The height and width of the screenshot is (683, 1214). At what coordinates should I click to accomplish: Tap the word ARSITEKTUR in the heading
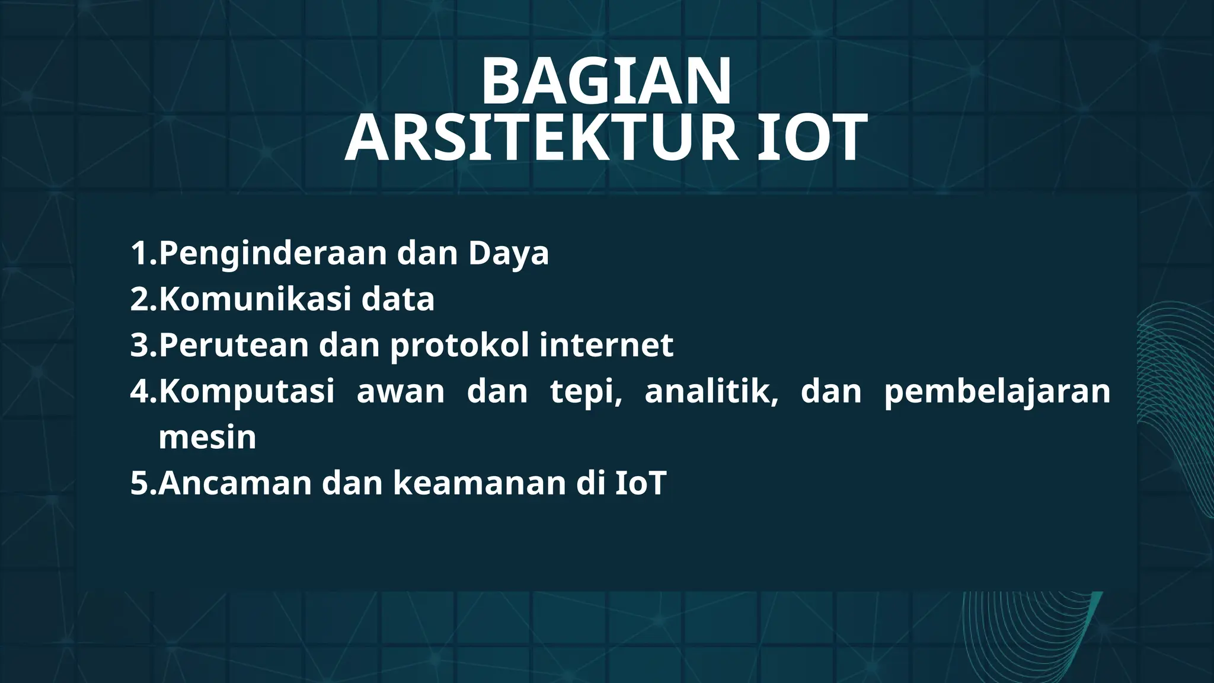[541, 139]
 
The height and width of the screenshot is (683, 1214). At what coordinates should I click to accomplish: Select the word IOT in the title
[813, 139]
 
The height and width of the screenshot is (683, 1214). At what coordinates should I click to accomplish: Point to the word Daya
[508, 254]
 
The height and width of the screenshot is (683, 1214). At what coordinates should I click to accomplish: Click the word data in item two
[398, 299]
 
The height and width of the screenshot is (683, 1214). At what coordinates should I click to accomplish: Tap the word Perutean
[234, 345]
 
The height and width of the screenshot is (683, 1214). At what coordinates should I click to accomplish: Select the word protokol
[459, 346]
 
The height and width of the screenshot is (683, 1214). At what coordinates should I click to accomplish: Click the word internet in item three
[606, 345]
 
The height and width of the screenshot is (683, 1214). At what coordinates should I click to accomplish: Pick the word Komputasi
[247, 392]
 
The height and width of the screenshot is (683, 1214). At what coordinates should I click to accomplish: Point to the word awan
[400, 392]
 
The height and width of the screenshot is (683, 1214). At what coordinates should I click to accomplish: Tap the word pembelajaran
[997, 392]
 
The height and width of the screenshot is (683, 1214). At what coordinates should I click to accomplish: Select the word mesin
[207, 438]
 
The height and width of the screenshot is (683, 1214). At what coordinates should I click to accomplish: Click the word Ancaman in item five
[235, 483]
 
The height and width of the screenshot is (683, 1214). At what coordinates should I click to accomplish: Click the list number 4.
[140, 392]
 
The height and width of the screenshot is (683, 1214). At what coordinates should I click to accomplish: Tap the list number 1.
[140, 254]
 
